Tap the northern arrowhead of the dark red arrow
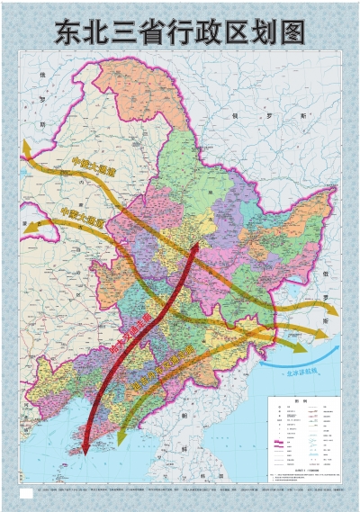[x=197, y=245]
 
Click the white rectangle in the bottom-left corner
[x=26, y=493]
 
